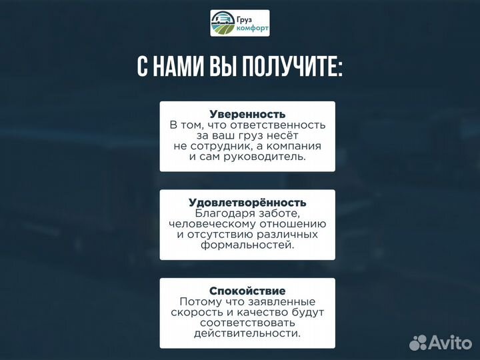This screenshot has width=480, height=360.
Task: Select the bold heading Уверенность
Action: click(x=247, y=114)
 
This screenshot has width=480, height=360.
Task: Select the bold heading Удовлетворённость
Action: click(x=247, y=202)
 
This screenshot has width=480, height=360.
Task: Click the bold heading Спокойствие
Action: click(x=247, y=291)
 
